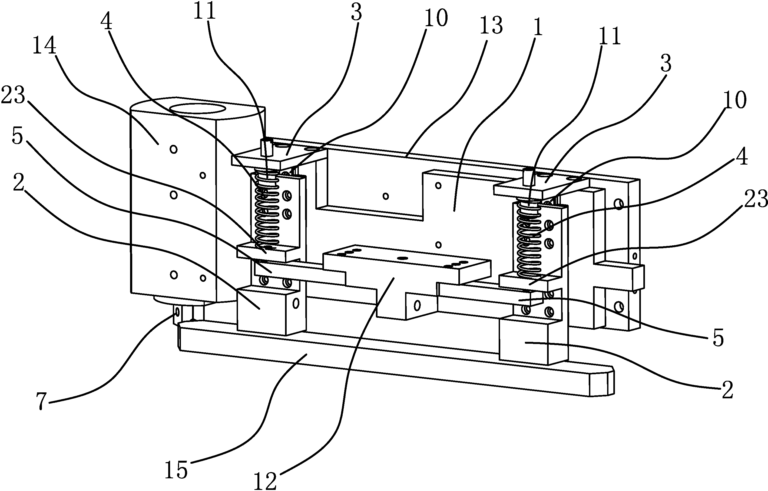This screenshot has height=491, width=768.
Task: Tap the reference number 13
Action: point(491,25)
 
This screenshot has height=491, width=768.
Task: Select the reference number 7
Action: point(41,400)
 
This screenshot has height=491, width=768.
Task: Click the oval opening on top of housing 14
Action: point(198,108)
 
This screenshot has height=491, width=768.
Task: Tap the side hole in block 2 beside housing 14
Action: point(296,303)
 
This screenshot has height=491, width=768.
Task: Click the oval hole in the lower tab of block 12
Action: point(417,305)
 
